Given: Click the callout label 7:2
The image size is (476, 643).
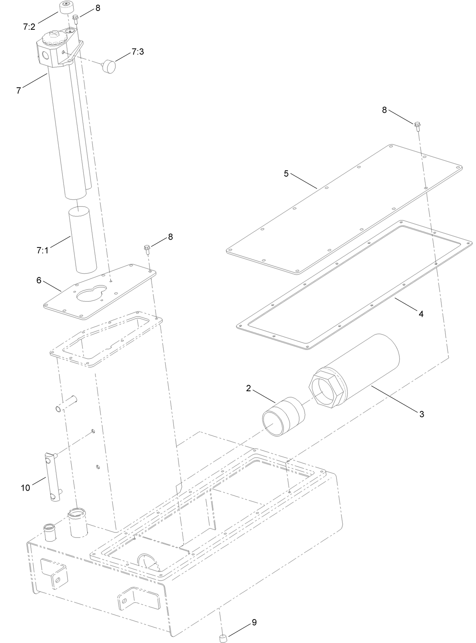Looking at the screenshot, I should [29, 27].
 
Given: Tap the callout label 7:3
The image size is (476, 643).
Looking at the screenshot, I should [137, 52].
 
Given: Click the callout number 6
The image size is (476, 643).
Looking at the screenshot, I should [39, 280].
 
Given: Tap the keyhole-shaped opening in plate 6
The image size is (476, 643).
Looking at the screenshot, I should [91, 293].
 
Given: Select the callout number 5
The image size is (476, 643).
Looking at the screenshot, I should [286, 173].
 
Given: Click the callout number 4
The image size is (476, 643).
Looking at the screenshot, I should [421, 314].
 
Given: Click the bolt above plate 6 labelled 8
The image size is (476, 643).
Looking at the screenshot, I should [148, 248].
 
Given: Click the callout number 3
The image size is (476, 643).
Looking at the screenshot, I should [422, 414].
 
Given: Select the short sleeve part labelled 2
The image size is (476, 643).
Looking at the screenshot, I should [283, 416].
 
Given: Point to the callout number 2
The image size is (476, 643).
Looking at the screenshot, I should [248, 388].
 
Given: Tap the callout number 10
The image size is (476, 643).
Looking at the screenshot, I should [25, 488].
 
